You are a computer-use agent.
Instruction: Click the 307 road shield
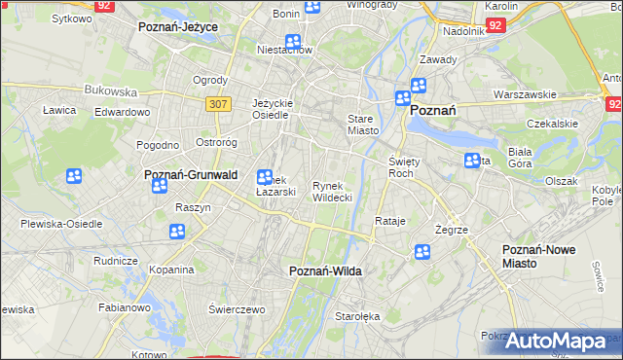217,102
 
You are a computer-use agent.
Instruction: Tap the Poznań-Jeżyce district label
178,28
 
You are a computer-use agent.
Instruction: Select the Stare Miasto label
362,125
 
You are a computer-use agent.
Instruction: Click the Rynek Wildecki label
332,191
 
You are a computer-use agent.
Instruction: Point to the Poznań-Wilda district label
326,271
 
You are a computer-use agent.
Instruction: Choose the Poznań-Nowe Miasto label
538,257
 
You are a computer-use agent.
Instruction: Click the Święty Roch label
402,166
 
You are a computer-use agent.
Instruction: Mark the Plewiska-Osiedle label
61,223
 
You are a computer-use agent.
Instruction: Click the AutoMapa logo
555,342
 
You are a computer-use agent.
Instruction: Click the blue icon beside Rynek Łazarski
264,177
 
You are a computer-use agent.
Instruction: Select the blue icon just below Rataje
421,252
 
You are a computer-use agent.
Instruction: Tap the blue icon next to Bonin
312,8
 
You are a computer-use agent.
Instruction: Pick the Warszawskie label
525,95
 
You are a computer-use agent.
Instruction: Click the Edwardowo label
122,112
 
